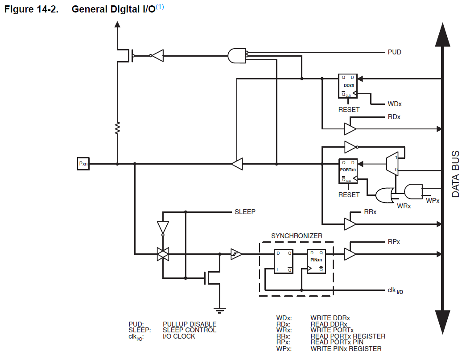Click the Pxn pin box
click(x=84, y=164)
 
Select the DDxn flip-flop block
click(x=349, y=86)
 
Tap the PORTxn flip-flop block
click(x=348, y=171)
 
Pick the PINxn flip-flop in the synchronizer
click(x=317, y=261)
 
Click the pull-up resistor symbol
click(x=117, y=128)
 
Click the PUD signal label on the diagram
click(x=395, y=52)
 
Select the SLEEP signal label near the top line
click(x=245, y=212)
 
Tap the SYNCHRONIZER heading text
click(x=297, y=236)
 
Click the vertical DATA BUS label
click(x=456, y=174)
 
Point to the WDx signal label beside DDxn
click(x=395, y=104)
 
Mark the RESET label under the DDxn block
click(x=349, y=109)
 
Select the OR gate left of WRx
click(x=384, y=195)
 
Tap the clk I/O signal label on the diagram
click(x=395, y=290)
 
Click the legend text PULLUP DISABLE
click(x=190, y=324)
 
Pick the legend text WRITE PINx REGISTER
click(x=346, y=348)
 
